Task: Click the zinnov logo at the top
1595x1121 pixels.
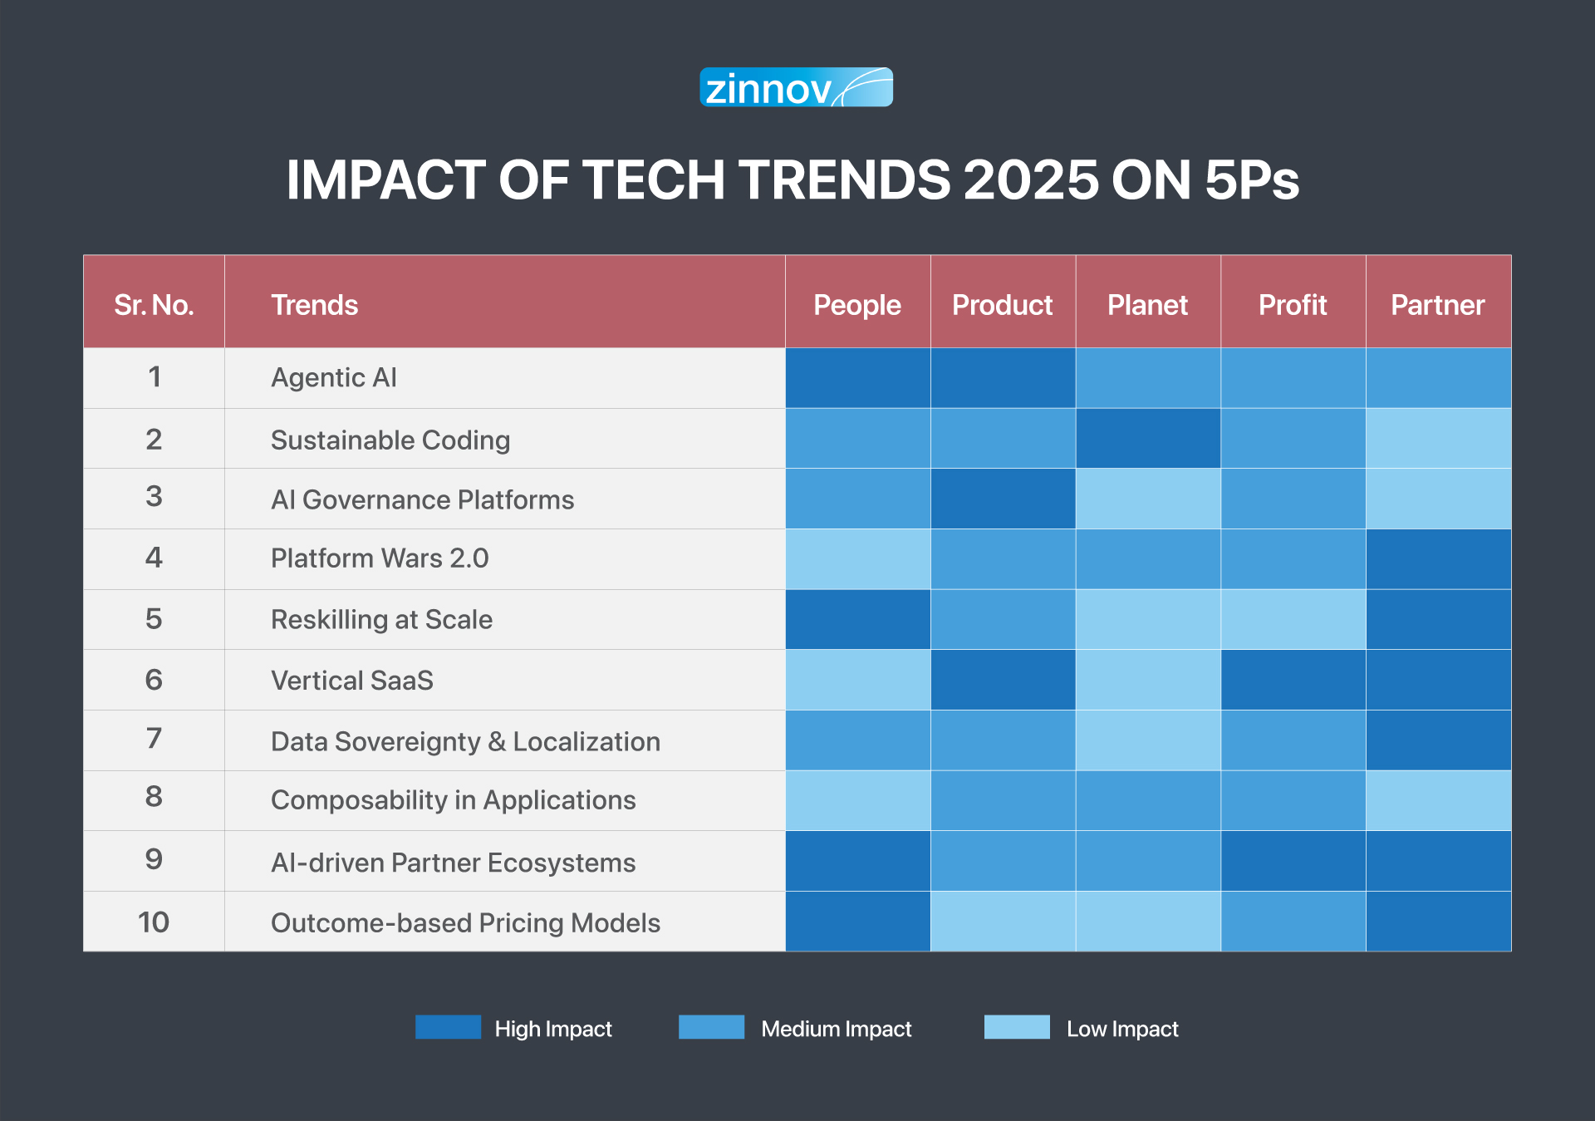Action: [x=796, y=87]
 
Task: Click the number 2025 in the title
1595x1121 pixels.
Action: [x=1031, y=179]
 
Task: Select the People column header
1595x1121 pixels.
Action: [x=857, y=305]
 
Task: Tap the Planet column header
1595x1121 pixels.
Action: [x=1147, y=305]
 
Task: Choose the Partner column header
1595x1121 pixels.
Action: [x=1438, y=305]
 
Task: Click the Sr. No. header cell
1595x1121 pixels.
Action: [x=154, y=305]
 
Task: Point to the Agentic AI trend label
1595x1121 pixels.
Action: [x=334, y=378]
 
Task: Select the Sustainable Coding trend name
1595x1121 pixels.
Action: [x=390, y=440]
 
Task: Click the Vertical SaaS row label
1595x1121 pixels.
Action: [x=352, y=681]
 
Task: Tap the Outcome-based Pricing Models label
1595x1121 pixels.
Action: [x=465, y=922]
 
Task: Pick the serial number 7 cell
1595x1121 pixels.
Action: [x=154, y=739]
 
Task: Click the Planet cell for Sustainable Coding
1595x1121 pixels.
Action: [x=1148, y=438]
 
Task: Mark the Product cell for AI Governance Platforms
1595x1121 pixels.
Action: [x=1003, y=499]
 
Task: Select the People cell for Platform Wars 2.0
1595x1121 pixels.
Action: [x=857, y=559]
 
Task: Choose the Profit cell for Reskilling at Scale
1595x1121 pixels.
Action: [x=1293, y=619]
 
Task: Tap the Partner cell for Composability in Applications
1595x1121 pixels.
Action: [x=1438, y=800]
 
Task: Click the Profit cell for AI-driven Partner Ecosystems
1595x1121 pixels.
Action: [x=1293, y=861]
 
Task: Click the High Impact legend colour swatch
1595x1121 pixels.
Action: [x=448, y=1027]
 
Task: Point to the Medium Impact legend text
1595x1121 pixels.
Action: [x=836, y=1029]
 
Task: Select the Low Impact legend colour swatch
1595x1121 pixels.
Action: [x=1017, y=1027]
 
